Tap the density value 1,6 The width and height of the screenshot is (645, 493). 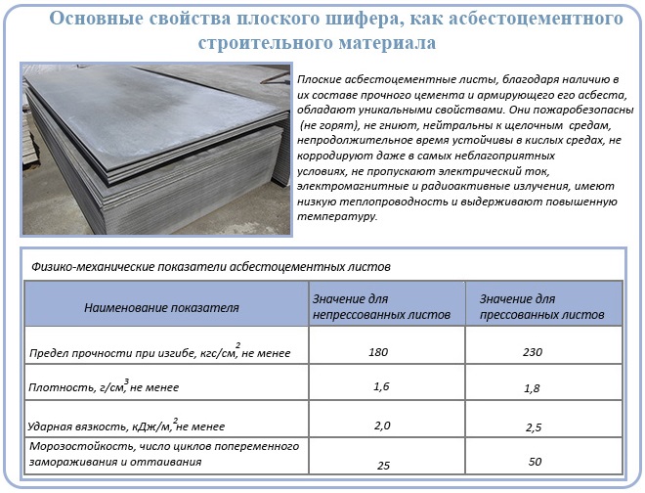(382, 387)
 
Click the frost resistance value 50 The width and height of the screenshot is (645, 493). (535, 462)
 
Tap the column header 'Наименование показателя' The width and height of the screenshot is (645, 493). (161, 307)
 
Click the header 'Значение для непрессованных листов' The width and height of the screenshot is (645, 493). (382, 306)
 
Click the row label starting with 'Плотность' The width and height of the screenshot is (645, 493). (68, 387)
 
